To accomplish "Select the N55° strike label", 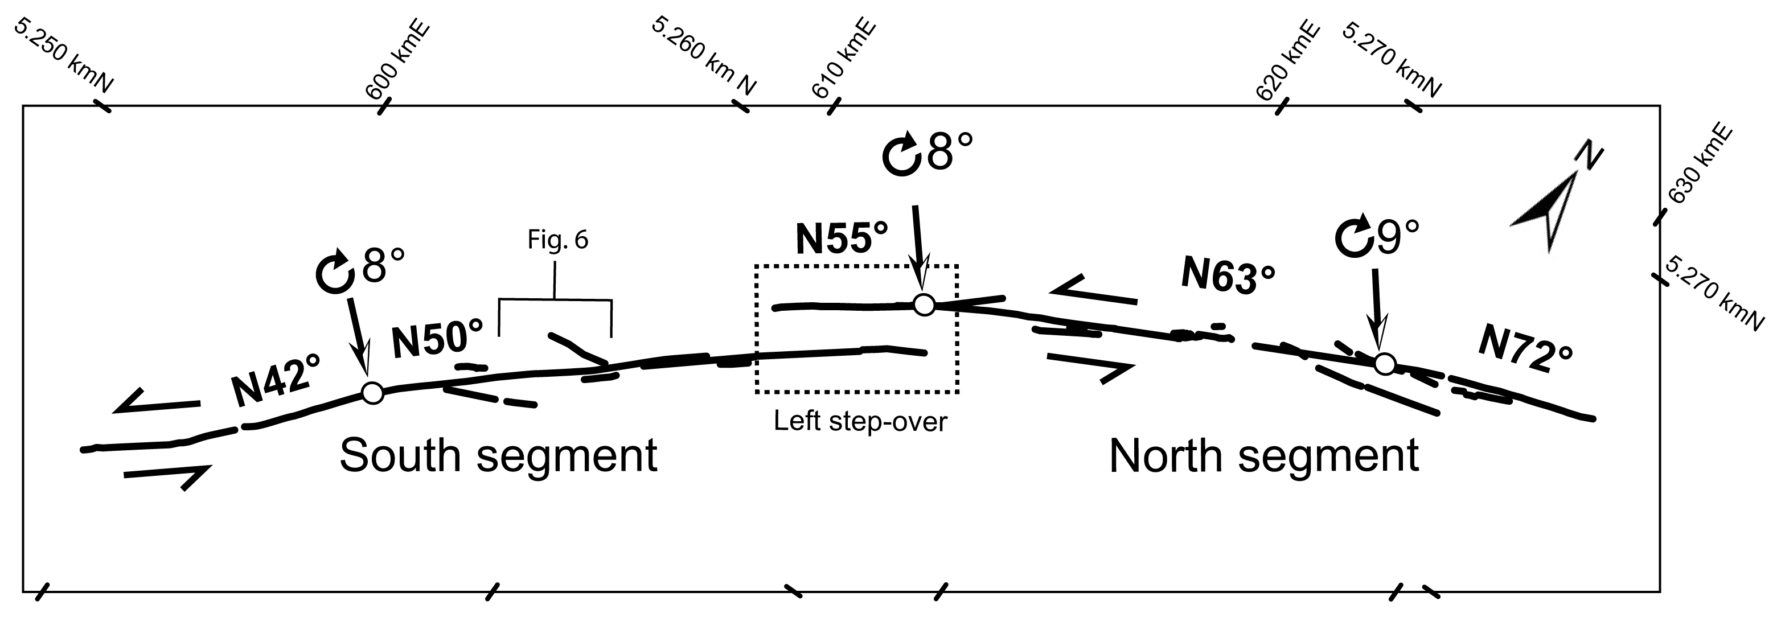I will click(842, 238).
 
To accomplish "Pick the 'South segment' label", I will click(498, 456).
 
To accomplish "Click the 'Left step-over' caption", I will click(860, 421).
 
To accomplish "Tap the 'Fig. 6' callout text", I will click(557, 240).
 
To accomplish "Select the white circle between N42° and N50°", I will click(372, 392).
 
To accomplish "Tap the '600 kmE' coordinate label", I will click(397, 62).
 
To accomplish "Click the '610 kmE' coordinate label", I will click(843, 60).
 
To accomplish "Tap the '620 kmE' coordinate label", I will click(1287, 61).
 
